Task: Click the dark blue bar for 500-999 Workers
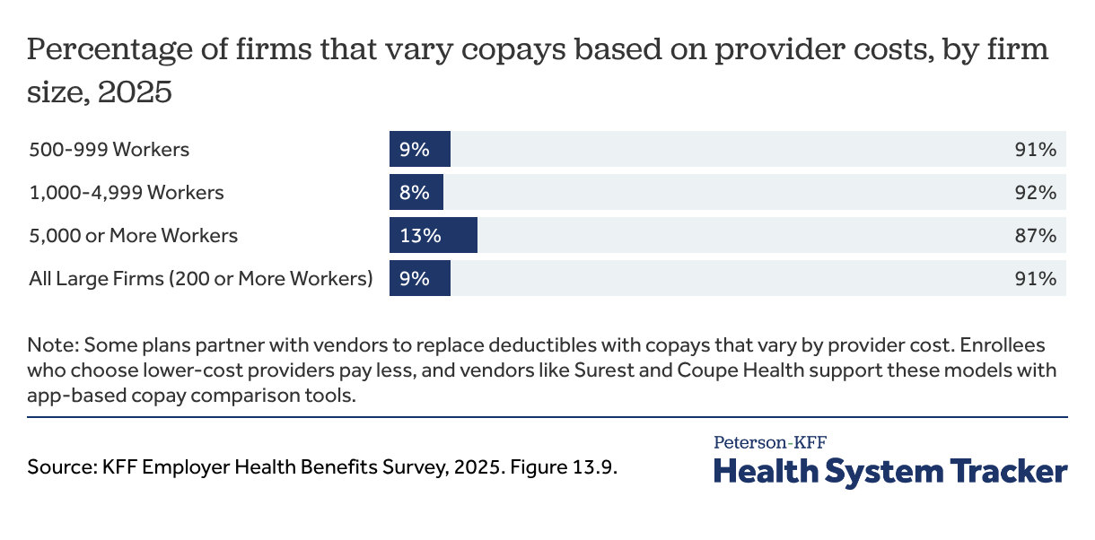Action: pos(419,150)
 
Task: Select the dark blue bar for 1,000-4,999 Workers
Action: pos(416,193)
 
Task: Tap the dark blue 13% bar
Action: pos(433,236)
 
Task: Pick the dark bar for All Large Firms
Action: pos(419,279)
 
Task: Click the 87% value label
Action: pos(1035,236)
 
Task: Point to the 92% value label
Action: pos(1035,193)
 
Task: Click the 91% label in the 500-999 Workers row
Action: pos(1035,150)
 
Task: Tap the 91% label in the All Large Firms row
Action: pos(1035,279)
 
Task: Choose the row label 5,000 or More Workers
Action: pos(134,236)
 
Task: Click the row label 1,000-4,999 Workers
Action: pos(127,193)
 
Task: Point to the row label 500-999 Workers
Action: pos(109,150)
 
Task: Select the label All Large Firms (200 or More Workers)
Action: pos(201,279)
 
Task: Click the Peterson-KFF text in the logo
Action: pos(770,442)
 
